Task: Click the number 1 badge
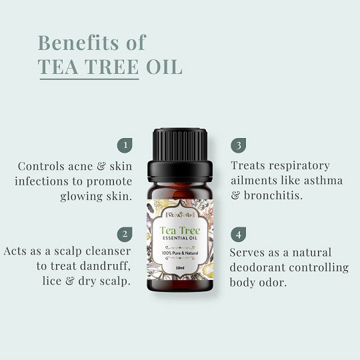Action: [123, 145]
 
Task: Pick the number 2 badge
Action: [123, 234]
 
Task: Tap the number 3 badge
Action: [237, 145]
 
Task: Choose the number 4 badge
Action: [237, 234]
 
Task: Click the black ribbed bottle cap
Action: [180, 141]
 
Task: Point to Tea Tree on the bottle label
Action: [180, 231]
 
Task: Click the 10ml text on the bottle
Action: [180, 267]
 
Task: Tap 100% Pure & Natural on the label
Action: [180, 253]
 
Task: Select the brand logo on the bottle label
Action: [180, 214]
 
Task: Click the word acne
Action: [79, 165]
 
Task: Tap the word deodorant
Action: [261, 268]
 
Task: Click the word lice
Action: [45, 281]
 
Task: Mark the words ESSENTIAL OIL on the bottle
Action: [180, 242]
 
